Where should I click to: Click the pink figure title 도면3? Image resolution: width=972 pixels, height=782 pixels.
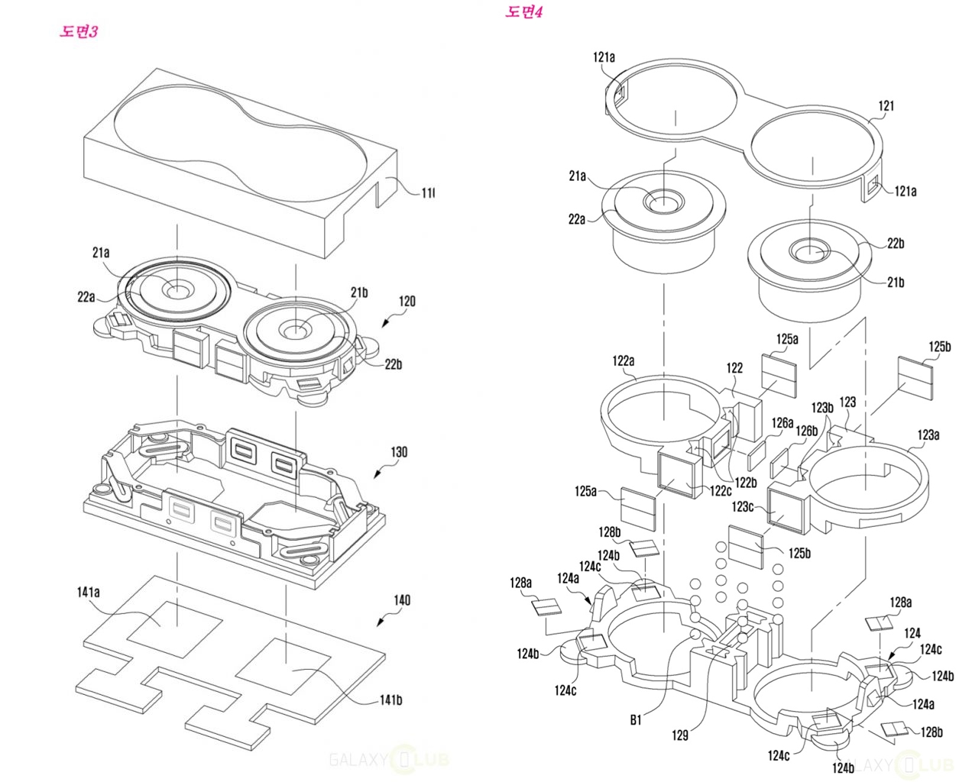79,31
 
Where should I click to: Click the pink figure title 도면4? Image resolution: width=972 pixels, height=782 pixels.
523,11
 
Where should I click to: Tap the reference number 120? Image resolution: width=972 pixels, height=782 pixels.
407,301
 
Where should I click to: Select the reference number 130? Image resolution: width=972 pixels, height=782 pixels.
399,452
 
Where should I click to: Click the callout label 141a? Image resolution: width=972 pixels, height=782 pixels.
88,592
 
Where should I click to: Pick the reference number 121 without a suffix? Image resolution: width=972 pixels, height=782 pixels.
886,105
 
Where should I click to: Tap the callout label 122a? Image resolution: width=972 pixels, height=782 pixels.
623,360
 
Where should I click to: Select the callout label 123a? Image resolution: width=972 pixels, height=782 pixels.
928,435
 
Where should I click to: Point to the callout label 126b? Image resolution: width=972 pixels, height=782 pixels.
806,431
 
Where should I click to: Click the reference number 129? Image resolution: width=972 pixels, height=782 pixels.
679,735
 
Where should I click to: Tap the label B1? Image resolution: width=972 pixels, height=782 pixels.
636,720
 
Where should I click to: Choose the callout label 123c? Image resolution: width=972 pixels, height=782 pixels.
742,506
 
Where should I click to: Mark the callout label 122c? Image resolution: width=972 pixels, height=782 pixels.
720,491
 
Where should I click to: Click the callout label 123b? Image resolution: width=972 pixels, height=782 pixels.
822,408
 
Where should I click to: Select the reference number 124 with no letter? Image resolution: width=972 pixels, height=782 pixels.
912,633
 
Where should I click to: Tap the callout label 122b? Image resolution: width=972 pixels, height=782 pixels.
746,483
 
